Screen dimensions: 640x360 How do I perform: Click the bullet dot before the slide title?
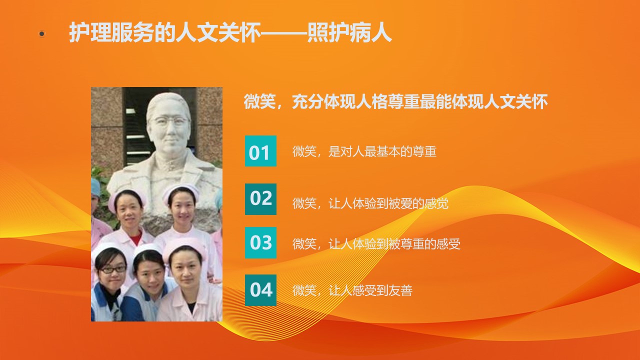pos(42,34)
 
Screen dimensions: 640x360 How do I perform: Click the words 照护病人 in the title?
pos(349,32)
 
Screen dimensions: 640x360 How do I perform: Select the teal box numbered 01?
pos(260,151)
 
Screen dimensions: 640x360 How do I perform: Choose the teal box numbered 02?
pos(260,199)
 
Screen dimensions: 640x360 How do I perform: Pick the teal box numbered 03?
pos(260,242)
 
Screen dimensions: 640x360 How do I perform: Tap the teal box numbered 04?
pos(260,290)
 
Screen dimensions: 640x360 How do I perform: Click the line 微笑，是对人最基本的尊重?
pos(364,151)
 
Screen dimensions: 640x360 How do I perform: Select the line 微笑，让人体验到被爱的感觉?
pos(370,203)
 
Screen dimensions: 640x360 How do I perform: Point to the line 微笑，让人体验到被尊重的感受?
pos(376,243)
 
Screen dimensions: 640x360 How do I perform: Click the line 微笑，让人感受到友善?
pos(352,290)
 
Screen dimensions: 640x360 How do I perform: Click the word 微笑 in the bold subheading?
pos(259,101)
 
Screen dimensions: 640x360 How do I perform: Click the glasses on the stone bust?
pos(169,121)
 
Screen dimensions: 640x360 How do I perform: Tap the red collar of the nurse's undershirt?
pos(136,237)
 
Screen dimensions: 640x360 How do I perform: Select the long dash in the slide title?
pos(284,33)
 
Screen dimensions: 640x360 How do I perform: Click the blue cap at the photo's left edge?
pos(95,187)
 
